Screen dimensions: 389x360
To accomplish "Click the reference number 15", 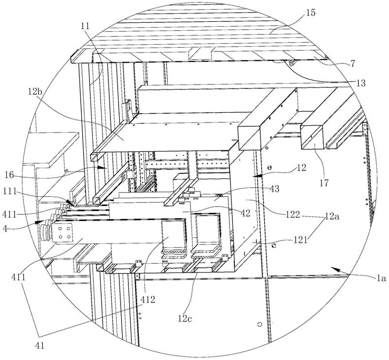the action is [x=310, y=13].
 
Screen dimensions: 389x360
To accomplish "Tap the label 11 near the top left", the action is [x=85, y=26].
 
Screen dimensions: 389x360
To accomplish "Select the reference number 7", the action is [x=353, y=64].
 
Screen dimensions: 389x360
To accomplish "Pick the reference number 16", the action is [x=10, y=175].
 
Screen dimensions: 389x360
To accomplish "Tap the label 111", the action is [x=10, y=191].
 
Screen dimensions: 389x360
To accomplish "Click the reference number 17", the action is [x=324, y=183].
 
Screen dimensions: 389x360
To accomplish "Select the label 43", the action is [x=274, y=189].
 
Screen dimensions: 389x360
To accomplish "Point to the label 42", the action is [x=245, y=213].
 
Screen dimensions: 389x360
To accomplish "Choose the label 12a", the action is [x=333, y=217].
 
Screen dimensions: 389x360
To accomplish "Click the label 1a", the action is [x=381, y=278].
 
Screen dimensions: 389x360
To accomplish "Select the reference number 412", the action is [x=148, y=300].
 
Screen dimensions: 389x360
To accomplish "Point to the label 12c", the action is [x=185, y=318].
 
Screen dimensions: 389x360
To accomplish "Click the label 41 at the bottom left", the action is [x=40, y=345].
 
